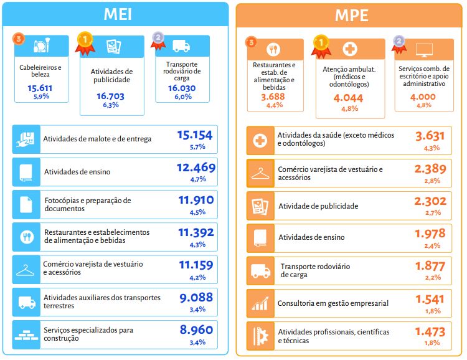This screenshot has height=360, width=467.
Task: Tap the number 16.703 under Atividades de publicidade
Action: pos(111,96)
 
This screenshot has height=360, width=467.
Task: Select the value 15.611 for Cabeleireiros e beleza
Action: pos(40,88)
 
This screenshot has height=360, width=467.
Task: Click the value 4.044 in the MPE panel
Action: pos(349,98)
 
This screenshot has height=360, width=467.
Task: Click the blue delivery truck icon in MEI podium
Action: pos(181,46)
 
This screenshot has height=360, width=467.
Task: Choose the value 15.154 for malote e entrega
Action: pos(195,135)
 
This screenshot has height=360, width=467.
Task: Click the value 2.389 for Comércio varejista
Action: pos(430,169)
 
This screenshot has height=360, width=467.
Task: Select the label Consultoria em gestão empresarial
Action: pos(333,303)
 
